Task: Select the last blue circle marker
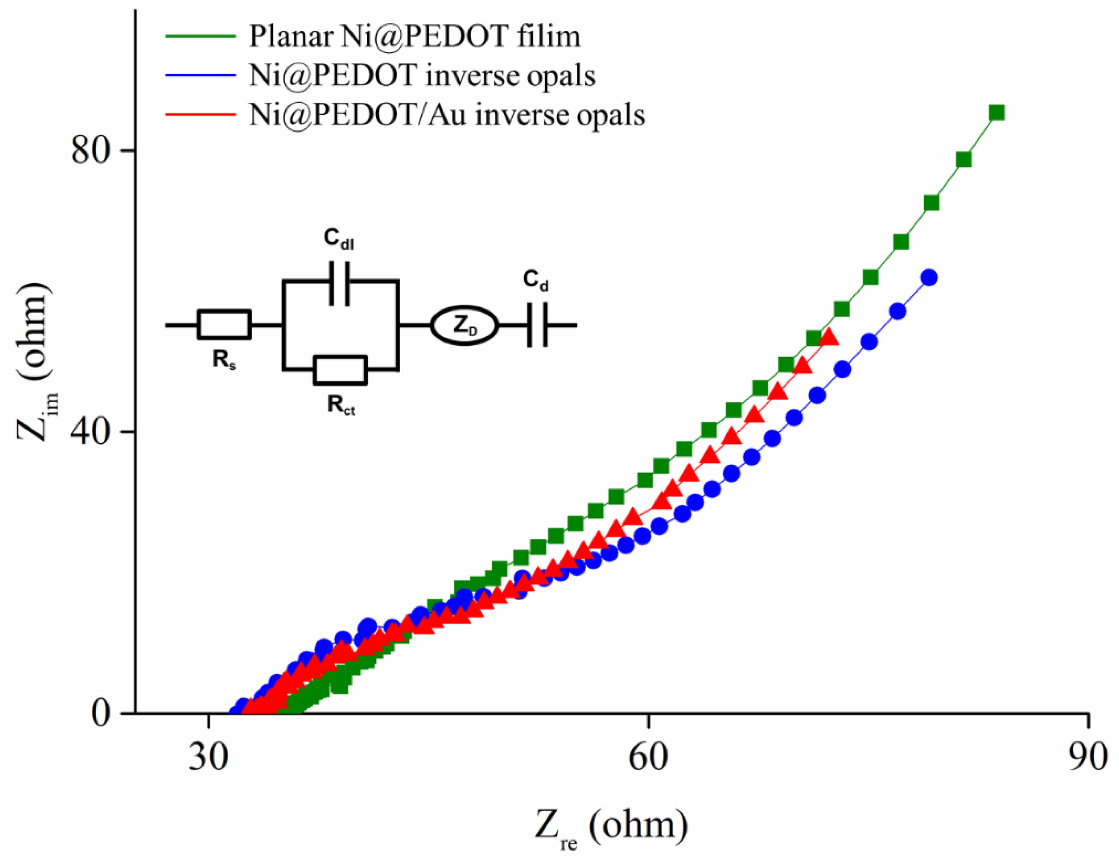(929, 277)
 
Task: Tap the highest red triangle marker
(829, 337)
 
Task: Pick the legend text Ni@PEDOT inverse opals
(422, 76)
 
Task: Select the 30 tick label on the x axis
(208, 757)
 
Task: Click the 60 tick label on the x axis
(648, 757)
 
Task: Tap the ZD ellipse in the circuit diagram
(464, 326)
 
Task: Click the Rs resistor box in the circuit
(224, 324)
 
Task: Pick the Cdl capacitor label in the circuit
(338, 239)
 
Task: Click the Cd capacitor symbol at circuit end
(538, 324)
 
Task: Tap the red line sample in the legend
(200, 114)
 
